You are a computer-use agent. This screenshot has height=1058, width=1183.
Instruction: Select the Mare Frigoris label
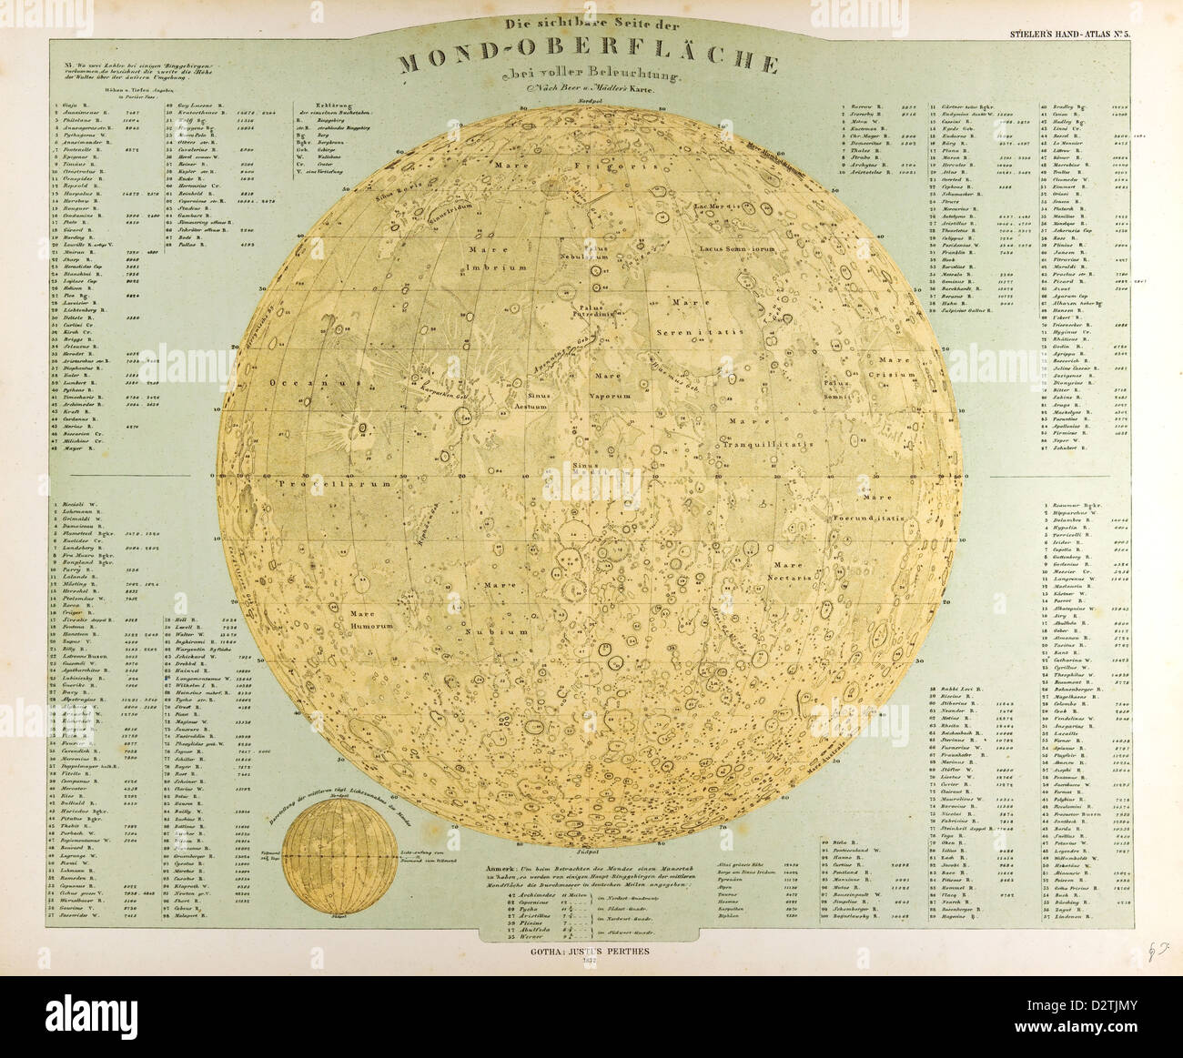coord(536,166)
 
